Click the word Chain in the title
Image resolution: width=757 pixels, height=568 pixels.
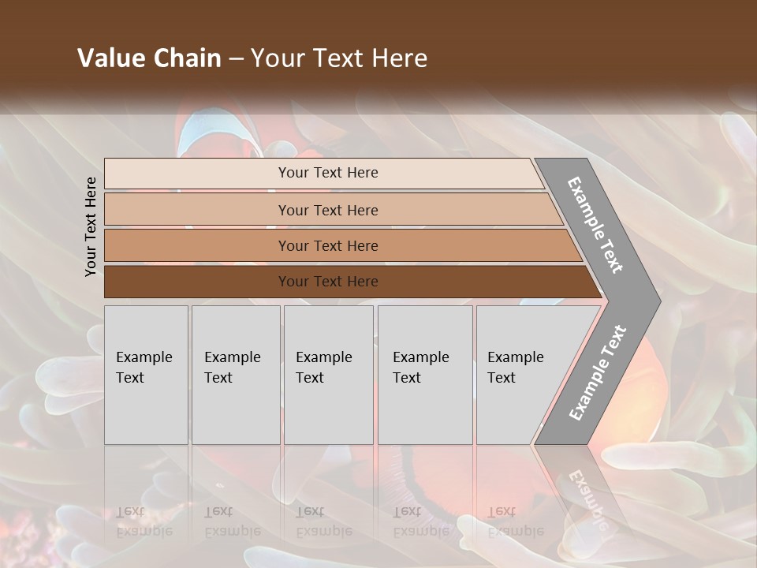[x=184, y=58]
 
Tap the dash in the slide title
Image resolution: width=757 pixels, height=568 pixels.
[x=236, y=59]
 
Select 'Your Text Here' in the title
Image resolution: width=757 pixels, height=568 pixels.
[x=339, y=58]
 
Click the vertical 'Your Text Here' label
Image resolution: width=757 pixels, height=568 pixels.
[x=91, y=226]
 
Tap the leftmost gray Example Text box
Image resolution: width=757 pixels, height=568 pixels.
[x=146, y=375]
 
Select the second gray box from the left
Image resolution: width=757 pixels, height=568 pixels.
[x=236, y=375]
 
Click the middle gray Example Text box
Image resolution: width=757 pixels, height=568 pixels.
[x=328, y=375]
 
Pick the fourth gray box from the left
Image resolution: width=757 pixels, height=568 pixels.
[x=425, y=375]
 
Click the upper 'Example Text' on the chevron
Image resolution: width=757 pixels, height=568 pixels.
[x=596, y=225]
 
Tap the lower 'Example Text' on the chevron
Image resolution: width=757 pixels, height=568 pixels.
[x=598, y=372]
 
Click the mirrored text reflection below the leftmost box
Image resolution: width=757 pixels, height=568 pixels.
[x=144, y=521]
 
